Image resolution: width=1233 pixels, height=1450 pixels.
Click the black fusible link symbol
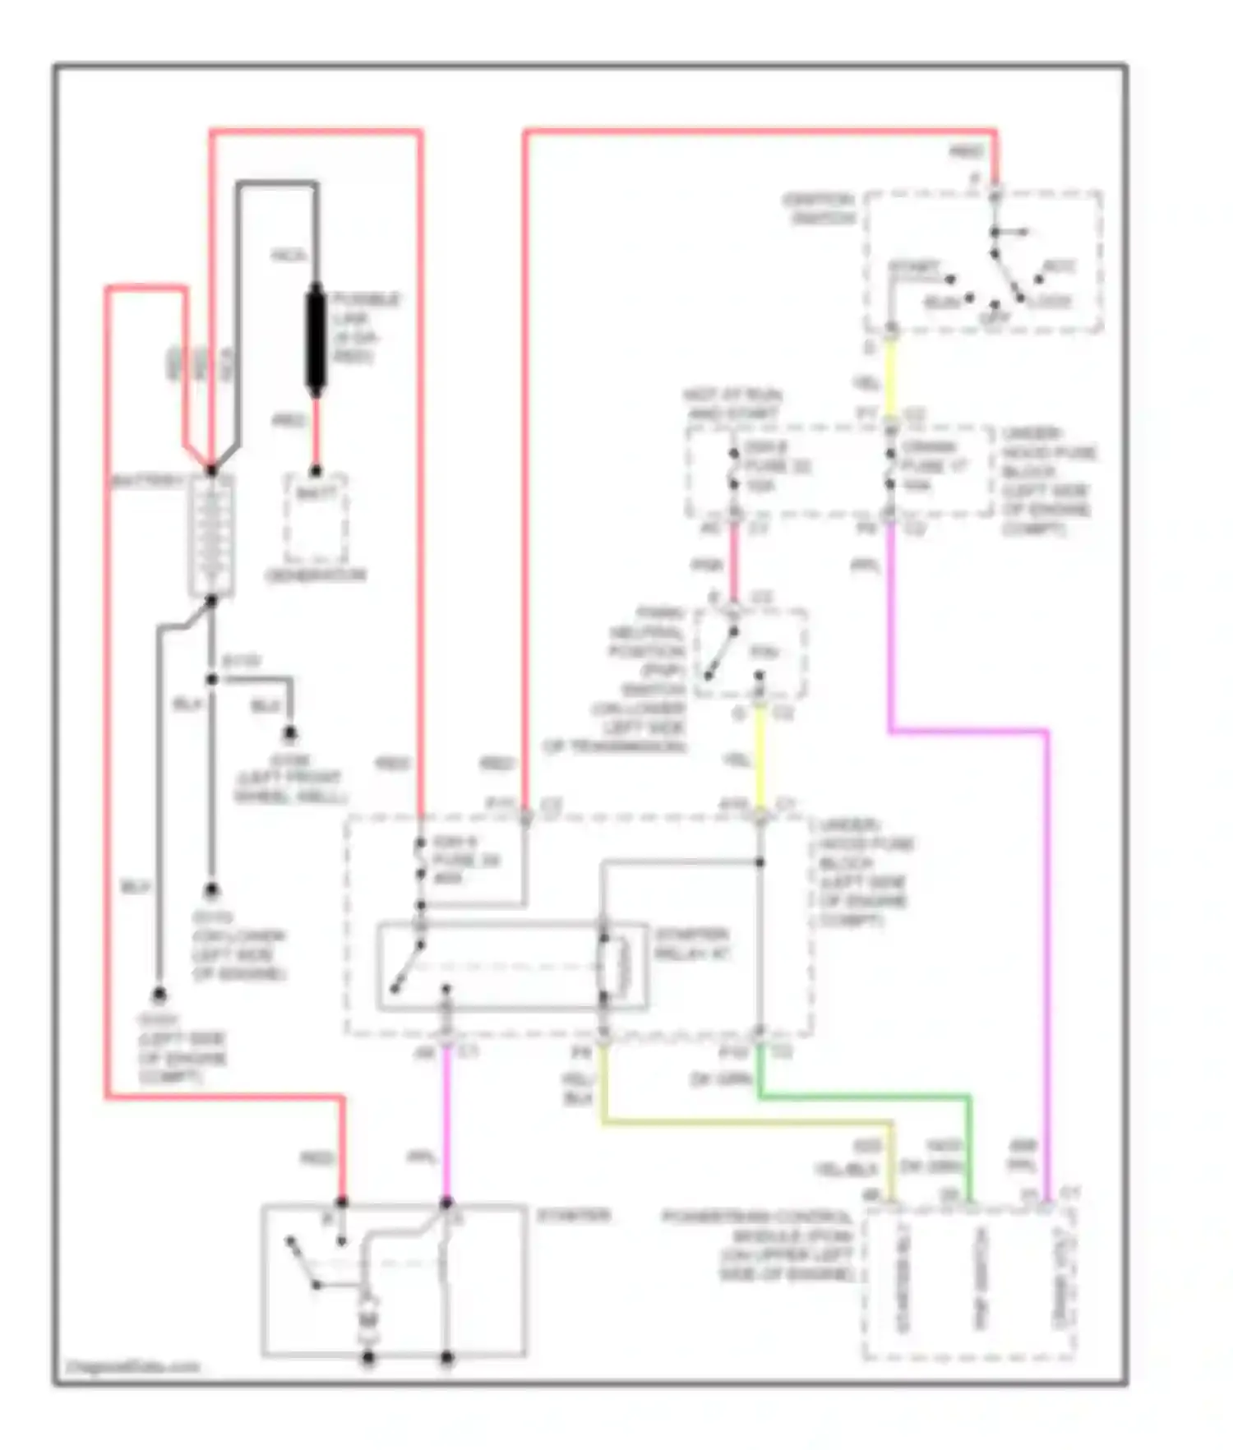pos(315,338)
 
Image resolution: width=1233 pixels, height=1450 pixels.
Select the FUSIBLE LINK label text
pos(366,327)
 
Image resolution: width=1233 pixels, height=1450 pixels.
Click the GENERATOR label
pos(316,575)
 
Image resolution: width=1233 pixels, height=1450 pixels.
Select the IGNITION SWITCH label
pos(819,209)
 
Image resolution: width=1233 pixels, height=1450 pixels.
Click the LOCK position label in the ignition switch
pos(1050,301)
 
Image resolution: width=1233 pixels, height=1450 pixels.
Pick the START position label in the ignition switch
pos(914,268)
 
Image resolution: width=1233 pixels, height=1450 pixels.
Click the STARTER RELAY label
pos(691,944)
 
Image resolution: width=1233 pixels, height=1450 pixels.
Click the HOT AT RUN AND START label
pos(732,404)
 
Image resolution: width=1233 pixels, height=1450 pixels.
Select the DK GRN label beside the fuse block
pos(722,1078)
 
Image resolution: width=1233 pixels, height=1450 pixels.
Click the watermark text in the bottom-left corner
pos(133,1366)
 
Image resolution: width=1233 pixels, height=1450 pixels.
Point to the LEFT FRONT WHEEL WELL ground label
pos(289,787)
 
